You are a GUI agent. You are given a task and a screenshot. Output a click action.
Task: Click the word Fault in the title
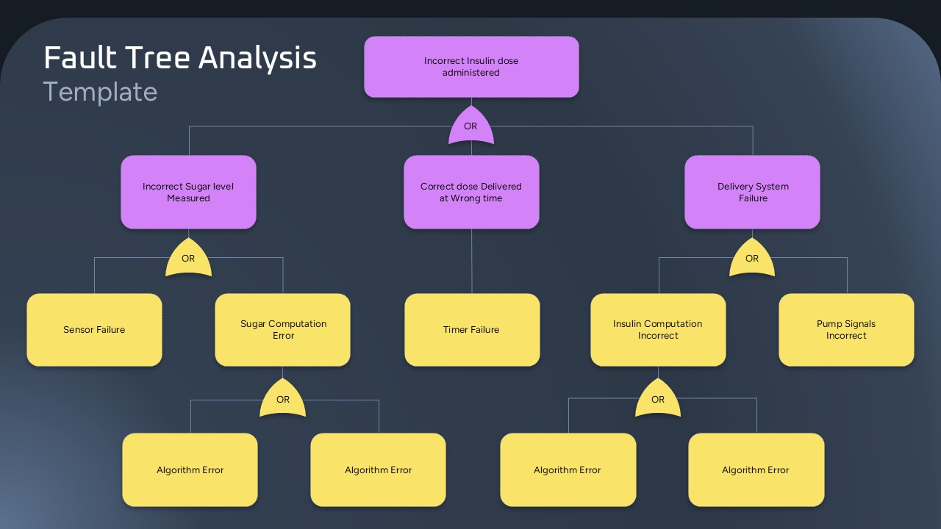click(x=75, y=58)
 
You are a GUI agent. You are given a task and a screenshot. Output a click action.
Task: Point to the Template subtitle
click(x=100, y=92)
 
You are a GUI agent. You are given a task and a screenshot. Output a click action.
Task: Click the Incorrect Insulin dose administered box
click(x=471, y=67)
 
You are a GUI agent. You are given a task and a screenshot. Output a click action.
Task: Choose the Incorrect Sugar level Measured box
click(x=188, y=192)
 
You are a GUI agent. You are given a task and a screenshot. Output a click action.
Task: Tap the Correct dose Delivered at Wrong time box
click(x=471, y=192)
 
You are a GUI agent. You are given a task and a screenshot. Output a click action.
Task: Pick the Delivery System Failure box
click(x=752, y=192)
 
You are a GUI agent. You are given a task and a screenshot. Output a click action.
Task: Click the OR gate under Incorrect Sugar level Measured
click(x=188, y=259)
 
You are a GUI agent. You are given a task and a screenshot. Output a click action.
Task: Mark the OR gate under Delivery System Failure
click(x=752, y=259)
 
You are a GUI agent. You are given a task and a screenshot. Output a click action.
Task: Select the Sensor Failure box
click(x=94, y=330)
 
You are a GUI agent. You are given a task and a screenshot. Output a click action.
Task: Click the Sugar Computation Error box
click(x=283, y=330)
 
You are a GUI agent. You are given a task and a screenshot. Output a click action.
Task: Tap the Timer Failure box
click(x=471, y=330)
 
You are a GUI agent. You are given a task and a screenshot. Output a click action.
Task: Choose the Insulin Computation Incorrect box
click(x=658, y=330)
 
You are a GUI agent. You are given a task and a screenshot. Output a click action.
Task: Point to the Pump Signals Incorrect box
click(x=846, y=330)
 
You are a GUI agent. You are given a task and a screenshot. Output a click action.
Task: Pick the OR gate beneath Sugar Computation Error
click(x=283, y=400)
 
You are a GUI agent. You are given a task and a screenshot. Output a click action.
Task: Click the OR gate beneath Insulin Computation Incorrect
click(x=658, y=400)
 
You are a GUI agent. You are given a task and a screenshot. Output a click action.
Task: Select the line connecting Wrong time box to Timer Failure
click(x=471, y=261)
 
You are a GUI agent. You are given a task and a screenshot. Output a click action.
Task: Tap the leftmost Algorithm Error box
click(x=190, y=470)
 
